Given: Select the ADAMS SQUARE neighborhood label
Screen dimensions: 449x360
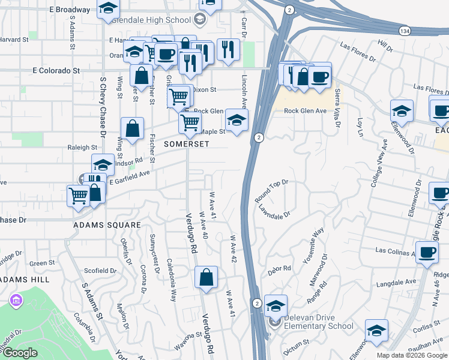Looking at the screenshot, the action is coord(107,225).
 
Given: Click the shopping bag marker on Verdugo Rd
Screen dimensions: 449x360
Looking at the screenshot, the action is coord(206,278).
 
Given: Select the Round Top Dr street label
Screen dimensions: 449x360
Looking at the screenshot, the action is coord(272,190).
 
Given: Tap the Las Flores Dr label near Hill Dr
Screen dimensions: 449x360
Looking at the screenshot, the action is coord(358,52).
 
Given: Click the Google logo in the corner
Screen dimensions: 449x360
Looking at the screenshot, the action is coord(20,353).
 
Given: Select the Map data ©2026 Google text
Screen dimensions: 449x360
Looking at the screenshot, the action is coord(411,355).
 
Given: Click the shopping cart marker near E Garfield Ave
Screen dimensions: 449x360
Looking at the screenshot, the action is coord(79,195).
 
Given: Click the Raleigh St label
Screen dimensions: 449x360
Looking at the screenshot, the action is coord(82,147).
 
